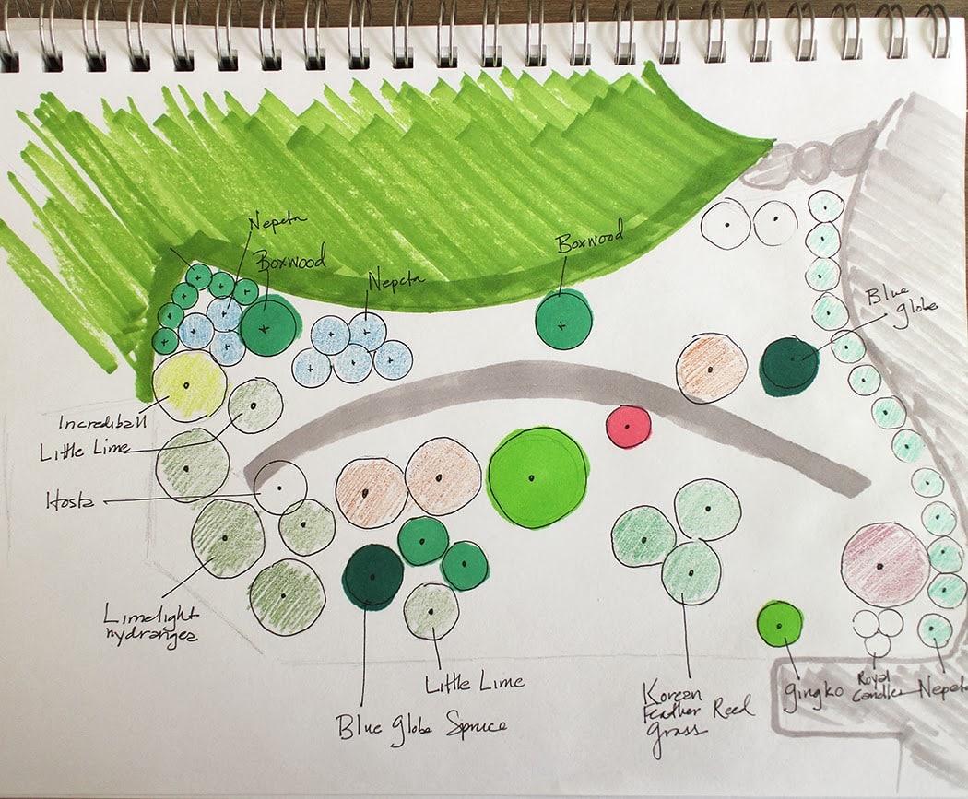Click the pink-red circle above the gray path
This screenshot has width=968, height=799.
click(629, 427)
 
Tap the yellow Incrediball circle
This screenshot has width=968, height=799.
click(189, 386)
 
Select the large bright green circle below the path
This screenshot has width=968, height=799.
click(537, 476)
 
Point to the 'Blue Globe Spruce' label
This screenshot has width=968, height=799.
click(422, 725)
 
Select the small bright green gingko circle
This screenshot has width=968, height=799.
click(780, 625)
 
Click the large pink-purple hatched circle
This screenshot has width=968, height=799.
click(884, 564)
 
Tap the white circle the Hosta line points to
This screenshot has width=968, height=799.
click(279, 488)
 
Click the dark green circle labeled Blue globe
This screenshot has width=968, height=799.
click(789, 365)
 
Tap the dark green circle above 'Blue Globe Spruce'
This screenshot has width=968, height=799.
click(373, 577)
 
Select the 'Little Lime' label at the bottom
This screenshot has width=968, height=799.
click(475, 683)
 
